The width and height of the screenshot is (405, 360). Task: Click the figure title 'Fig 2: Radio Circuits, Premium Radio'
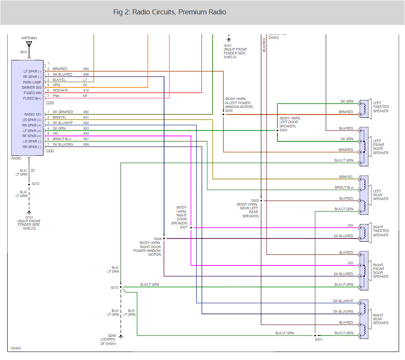click(169, 12)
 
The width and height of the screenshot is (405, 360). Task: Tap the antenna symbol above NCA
click(29, 44)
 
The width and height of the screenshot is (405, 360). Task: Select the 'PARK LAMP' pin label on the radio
click(32, 82)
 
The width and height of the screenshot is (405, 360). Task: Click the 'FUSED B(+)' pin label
click(32, 98)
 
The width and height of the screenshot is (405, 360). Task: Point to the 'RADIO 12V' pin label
click(33, 114)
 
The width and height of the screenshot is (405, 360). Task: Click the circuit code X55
click(86, 69)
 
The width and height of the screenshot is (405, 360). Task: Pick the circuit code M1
click(85, 96)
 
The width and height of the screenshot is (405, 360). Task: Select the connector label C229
click(50, 102)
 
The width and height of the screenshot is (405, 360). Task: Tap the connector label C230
click(50, 151)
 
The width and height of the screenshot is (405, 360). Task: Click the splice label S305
click(228, 111)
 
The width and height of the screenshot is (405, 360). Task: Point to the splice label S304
click(283, 130)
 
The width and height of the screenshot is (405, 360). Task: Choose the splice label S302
click(255, 200)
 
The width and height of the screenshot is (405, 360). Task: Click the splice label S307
click(183, 227)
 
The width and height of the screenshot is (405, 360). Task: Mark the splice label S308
click(158, 239)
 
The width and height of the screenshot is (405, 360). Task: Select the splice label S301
click(318, 339)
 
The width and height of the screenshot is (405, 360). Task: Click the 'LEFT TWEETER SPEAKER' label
click(381, 107)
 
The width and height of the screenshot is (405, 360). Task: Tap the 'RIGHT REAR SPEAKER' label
click(378, 319)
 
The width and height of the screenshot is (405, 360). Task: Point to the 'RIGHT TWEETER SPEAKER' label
click(381, 231)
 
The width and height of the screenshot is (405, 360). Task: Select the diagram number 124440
click(15, 349)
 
